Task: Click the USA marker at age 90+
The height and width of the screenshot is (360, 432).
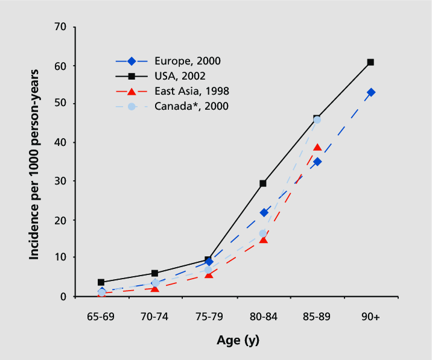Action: (x=370, y=62)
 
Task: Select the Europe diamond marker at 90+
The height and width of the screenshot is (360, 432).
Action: (x=370, y=92)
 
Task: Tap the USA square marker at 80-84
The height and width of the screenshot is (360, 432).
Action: (x=263, y=183)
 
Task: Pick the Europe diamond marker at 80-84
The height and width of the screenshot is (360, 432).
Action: (x=263, y=212)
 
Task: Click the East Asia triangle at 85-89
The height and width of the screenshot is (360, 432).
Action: (x=317, y=148)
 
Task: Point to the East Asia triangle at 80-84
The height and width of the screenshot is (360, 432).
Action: (x=263, y=240)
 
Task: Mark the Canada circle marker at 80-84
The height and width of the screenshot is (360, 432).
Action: (x=263, y=233)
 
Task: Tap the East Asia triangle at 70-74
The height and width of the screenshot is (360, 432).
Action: (x=155, y=288)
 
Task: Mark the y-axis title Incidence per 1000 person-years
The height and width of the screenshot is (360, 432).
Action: (x=35, y=165)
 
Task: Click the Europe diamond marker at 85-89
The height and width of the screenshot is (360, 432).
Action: (x=317, y=162)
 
